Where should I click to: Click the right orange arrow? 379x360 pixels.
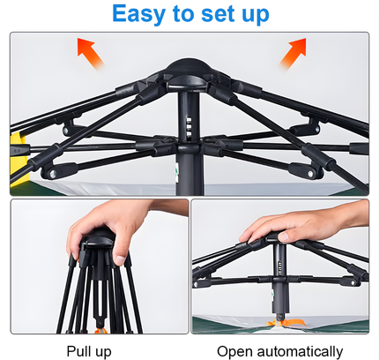pos(293,54)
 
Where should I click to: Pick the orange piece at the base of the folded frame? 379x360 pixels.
pos(100,329)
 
